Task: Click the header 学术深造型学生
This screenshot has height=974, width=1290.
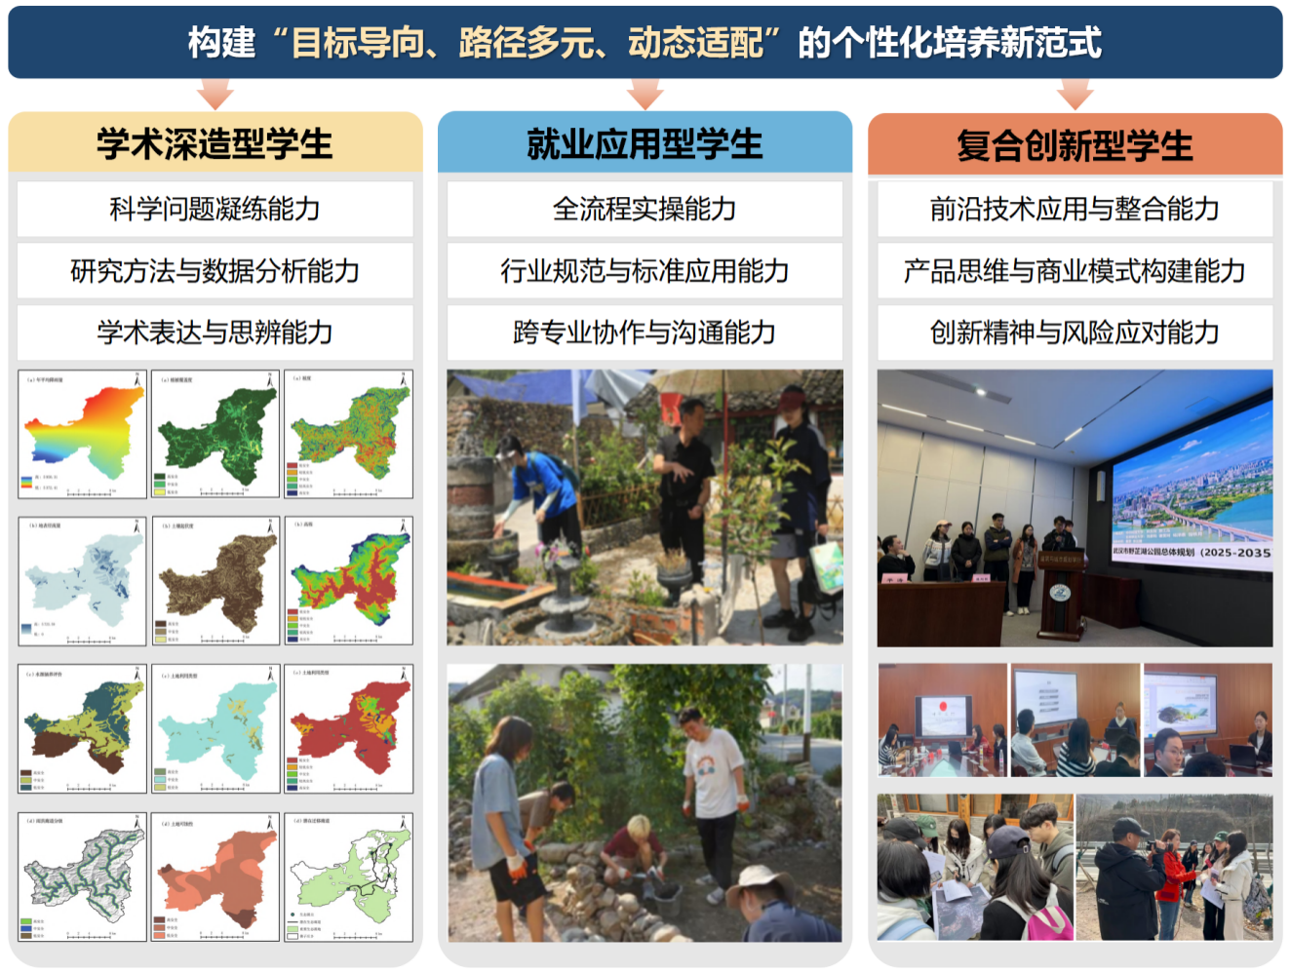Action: click(x=215, y=143)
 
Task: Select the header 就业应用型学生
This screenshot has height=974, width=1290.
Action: click(x=645, y=143)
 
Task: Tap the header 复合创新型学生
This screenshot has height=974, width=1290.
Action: click(x=1075, y=145)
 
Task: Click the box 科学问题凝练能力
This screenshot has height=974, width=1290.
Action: click(x=215, y=209)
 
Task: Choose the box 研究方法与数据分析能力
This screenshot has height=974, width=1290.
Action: click(x=215, y=270)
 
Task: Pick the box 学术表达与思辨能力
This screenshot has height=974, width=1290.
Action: click(x=215, y=332)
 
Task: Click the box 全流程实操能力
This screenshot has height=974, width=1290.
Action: click(x=645, y=209)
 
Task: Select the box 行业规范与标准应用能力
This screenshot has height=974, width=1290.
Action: click(x=645, y=270)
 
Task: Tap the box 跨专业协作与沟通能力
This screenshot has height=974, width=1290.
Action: click(x=645, y=332)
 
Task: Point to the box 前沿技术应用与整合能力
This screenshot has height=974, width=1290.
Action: click(x=1075, y=209)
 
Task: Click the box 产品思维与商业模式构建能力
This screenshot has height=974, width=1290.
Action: click(x=1075, y=270)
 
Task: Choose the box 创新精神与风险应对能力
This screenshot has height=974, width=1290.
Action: click(x=1075, y=332)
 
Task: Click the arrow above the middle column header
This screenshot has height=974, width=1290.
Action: click(x=645, y=95)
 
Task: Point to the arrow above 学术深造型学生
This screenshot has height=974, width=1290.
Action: click(x=215, y=95)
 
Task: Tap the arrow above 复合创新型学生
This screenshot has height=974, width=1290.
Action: click(x=1075, y=95)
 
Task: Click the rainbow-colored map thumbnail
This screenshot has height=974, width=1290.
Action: click(x=82, y=434)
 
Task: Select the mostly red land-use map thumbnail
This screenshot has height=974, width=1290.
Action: click(x=349, y=728)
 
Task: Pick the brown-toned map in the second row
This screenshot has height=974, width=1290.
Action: click(x=215, y=581)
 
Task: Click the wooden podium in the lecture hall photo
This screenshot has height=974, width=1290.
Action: click(x=1061, y=595)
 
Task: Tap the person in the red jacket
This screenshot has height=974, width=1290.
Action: click(x=1172, y=877)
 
